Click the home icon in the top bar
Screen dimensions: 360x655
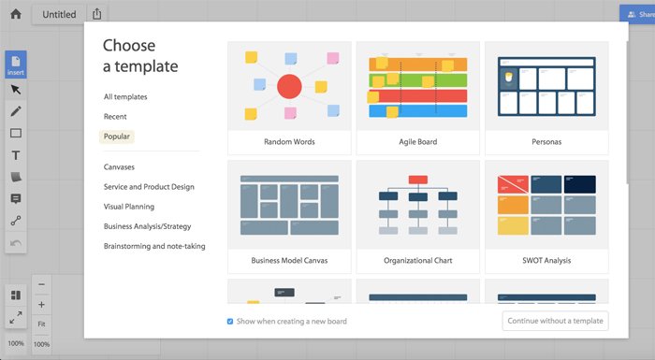pos(15,14)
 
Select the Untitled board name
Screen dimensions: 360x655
pos(59,15)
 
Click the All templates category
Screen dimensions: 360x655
pos(125,96)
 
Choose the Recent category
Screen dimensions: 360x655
pos(115,117)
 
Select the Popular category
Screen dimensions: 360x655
pos(117,137)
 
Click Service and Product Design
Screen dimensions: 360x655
pos(149,187)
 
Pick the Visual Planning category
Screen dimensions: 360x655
pos(129,207)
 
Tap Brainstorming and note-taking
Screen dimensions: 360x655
pos(154,246)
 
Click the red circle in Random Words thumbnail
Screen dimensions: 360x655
pos(289,87)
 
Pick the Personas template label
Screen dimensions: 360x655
pos(546,142)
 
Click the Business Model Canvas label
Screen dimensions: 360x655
pos(289,260)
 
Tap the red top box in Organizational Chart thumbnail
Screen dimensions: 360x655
pos(417,180)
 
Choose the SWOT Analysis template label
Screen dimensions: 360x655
pos(546,260)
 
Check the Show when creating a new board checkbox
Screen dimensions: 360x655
pos(230,321)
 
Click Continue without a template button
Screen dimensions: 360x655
pos(555,321)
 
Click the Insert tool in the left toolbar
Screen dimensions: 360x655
pos(16,65)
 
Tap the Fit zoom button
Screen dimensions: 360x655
pos(41,324)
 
